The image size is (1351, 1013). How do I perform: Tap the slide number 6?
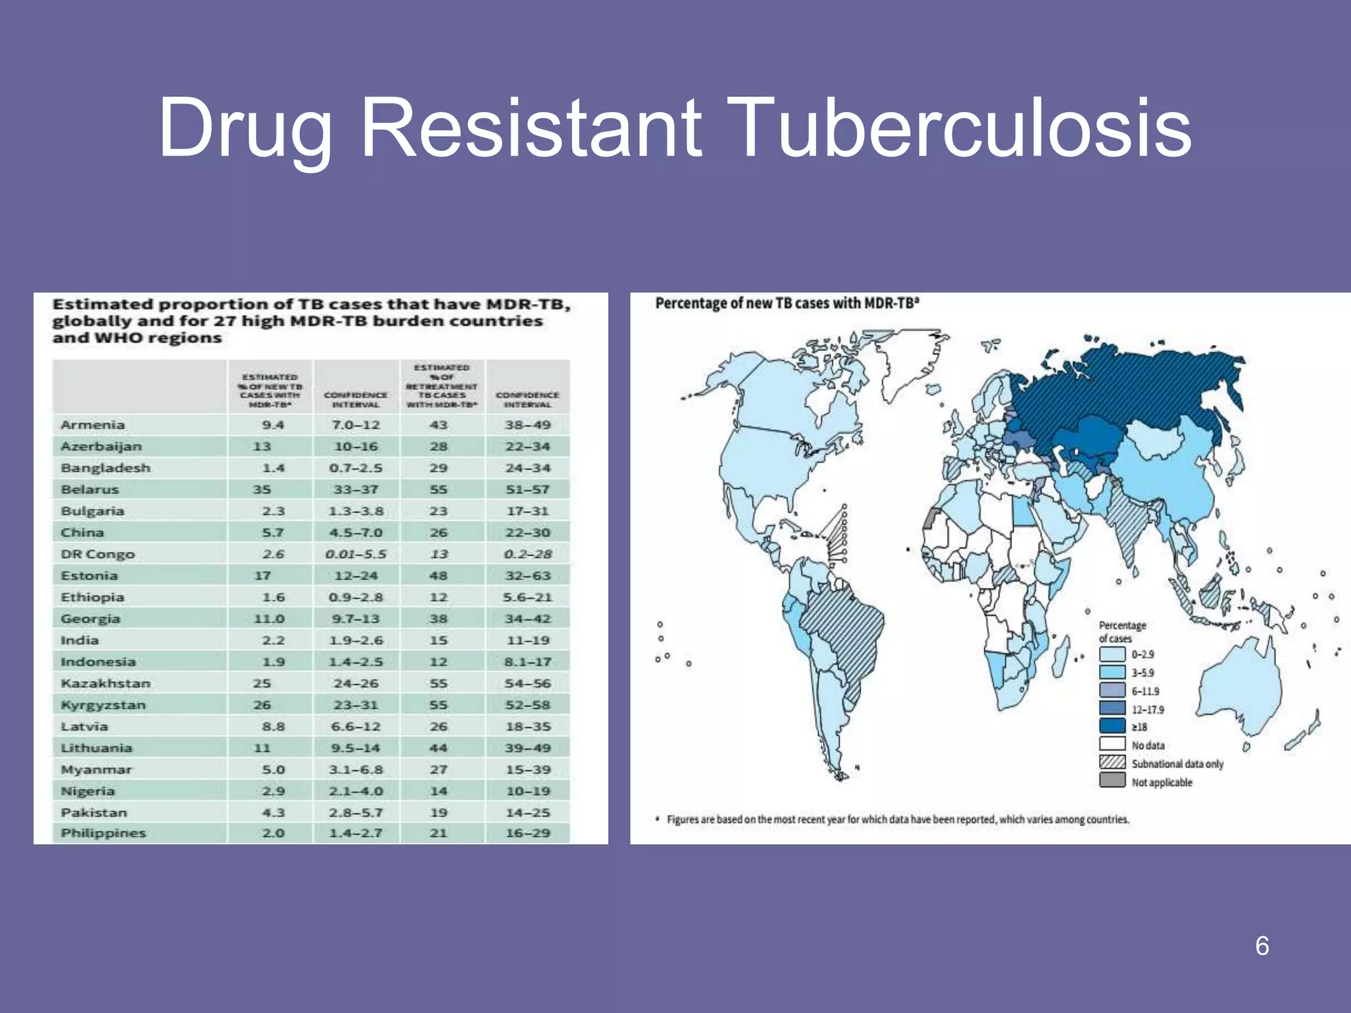coord(1262,946)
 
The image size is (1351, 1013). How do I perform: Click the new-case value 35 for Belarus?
coord(262,489)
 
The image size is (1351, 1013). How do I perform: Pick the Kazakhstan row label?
coord(106,683)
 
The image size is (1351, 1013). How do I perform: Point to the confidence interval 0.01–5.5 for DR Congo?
coord(356,554)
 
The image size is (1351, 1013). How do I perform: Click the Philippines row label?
coord(104,833)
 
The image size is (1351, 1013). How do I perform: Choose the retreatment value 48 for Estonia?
coord(438,576)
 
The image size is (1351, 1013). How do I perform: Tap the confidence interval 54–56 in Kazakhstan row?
coord(528,683)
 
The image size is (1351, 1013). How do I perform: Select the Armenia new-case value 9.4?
coord(272,425)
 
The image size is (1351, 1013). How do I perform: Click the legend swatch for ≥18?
coord(1112,726)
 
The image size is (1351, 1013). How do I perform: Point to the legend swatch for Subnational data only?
coord(1112,762)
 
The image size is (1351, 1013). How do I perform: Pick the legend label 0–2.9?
coord(1143,654)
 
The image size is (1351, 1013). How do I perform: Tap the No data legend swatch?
coord(1112,744)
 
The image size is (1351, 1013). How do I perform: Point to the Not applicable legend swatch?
coord(1112,781)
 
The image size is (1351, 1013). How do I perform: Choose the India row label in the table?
coord(80,640)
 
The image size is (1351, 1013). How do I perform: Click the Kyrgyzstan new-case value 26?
coord(262,705)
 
